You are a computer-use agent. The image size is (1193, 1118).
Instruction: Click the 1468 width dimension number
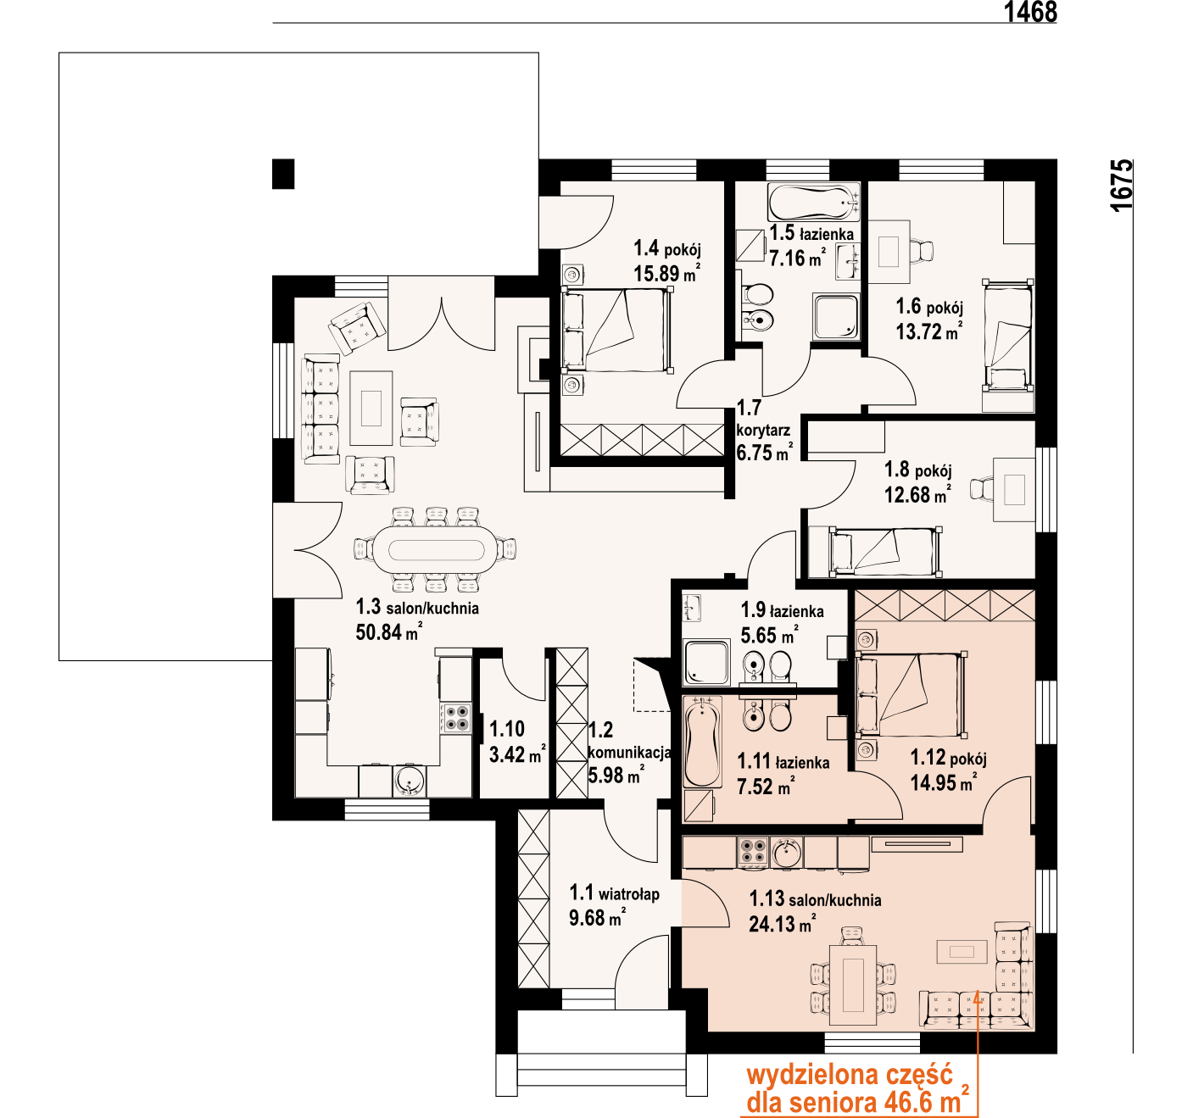tap(1030, 12)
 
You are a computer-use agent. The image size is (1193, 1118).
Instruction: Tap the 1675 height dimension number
tap(1122, 185)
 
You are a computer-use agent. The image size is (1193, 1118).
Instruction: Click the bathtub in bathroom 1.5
tap(814, 203)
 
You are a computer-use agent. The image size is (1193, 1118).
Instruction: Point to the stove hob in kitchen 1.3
tap(456, 718)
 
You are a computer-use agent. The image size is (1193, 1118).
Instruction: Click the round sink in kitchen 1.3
tap(410, 781)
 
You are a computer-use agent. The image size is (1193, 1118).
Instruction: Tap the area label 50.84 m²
tap(388, 632)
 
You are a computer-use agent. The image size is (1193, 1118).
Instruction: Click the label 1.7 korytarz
tap(763, 419)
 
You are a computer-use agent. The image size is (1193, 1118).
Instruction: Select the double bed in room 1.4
tap(617, 329)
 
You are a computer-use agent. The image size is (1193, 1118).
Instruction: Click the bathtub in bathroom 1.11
tap(702, 743)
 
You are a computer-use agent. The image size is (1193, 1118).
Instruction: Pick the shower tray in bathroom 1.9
tap(706, 663)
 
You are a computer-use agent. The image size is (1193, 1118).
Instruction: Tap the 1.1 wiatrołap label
tap(614, 893)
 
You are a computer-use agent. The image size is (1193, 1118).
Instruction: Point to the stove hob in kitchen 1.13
tap(753, 853)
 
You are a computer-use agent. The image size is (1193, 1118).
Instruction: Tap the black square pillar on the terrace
tap(283, 174)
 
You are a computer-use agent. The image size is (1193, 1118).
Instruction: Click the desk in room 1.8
tap(1014, 490)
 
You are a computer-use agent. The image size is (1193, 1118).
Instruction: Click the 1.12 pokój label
tap(948, 757)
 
